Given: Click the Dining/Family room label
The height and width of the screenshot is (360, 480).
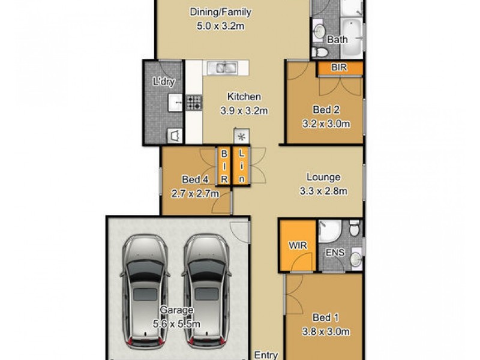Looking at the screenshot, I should pos(220,11).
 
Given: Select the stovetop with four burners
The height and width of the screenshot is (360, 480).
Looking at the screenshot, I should pos(194,103).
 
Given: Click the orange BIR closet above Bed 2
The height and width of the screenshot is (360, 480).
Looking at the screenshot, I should pos(340,68).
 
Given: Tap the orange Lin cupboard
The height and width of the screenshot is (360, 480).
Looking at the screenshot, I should pos(241,166).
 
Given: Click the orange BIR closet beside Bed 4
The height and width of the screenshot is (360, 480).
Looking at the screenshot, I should pos(224,166).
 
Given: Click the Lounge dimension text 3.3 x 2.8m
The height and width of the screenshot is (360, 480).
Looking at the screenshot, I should pos(323,191).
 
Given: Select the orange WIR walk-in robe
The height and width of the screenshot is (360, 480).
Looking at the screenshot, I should pos(296,246).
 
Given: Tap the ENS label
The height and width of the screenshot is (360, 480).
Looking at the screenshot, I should pos(335,253).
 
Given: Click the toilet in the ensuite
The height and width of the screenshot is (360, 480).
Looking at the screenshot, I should pos(355,228).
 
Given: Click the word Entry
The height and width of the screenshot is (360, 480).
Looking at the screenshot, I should pos(266,355).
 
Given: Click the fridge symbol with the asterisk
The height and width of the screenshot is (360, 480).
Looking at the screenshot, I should pos(241,136).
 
